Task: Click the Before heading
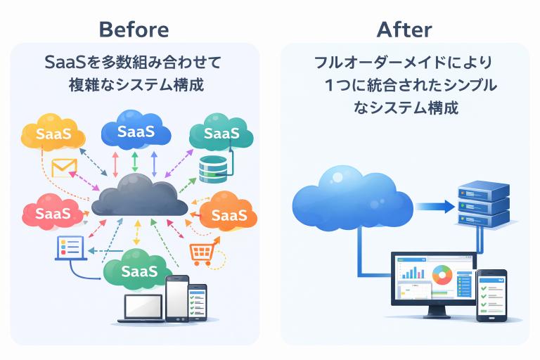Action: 134,29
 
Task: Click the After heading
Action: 404,29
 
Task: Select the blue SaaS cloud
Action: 136,131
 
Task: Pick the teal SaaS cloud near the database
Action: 221,132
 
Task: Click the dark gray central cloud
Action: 139,197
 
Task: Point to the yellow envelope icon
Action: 64,167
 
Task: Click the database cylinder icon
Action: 213,169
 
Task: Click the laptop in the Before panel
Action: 143,307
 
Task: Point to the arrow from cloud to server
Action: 434,206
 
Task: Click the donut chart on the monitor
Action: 442,274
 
